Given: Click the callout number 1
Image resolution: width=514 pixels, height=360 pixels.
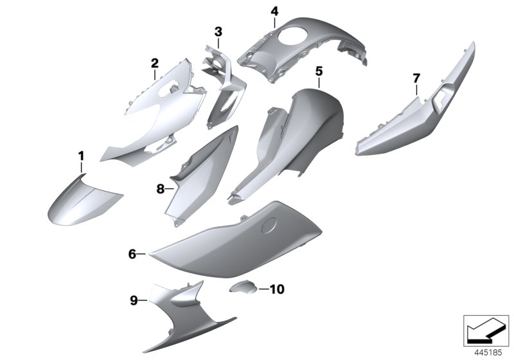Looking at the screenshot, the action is tap(81, 156).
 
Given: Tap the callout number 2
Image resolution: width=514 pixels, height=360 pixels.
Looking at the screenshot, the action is tap(155, 63).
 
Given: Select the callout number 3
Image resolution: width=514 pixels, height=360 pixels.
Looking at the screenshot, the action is tap(218, 32).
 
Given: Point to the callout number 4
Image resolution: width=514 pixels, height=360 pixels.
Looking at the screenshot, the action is tap(275, 12).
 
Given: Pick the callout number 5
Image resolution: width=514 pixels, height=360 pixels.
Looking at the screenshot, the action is tap(319, 71).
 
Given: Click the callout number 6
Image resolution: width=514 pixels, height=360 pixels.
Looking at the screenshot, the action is tap(132, 254).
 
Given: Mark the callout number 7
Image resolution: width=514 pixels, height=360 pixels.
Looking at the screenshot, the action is tap(416, 78).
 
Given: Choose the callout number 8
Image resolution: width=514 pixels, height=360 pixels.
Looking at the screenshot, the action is tap(160, 189).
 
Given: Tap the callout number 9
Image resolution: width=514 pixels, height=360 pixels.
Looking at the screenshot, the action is tap(134, 300).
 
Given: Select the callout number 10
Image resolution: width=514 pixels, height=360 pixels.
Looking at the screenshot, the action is tap(277, 289).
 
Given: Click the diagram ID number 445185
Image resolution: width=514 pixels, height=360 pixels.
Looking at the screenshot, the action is tap(488, 353).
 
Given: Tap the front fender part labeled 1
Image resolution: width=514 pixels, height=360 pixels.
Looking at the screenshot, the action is tap(84, 203).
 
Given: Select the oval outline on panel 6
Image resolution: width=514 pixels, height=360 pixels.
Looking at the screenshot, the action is tap(269, 225).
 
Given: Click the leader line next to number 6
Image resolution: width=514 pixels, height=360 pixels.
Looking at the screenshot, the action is tap(141, 254).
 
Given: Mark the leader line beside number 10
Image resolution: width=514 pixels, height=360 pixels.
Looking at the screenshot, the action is tap(263, 289).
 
